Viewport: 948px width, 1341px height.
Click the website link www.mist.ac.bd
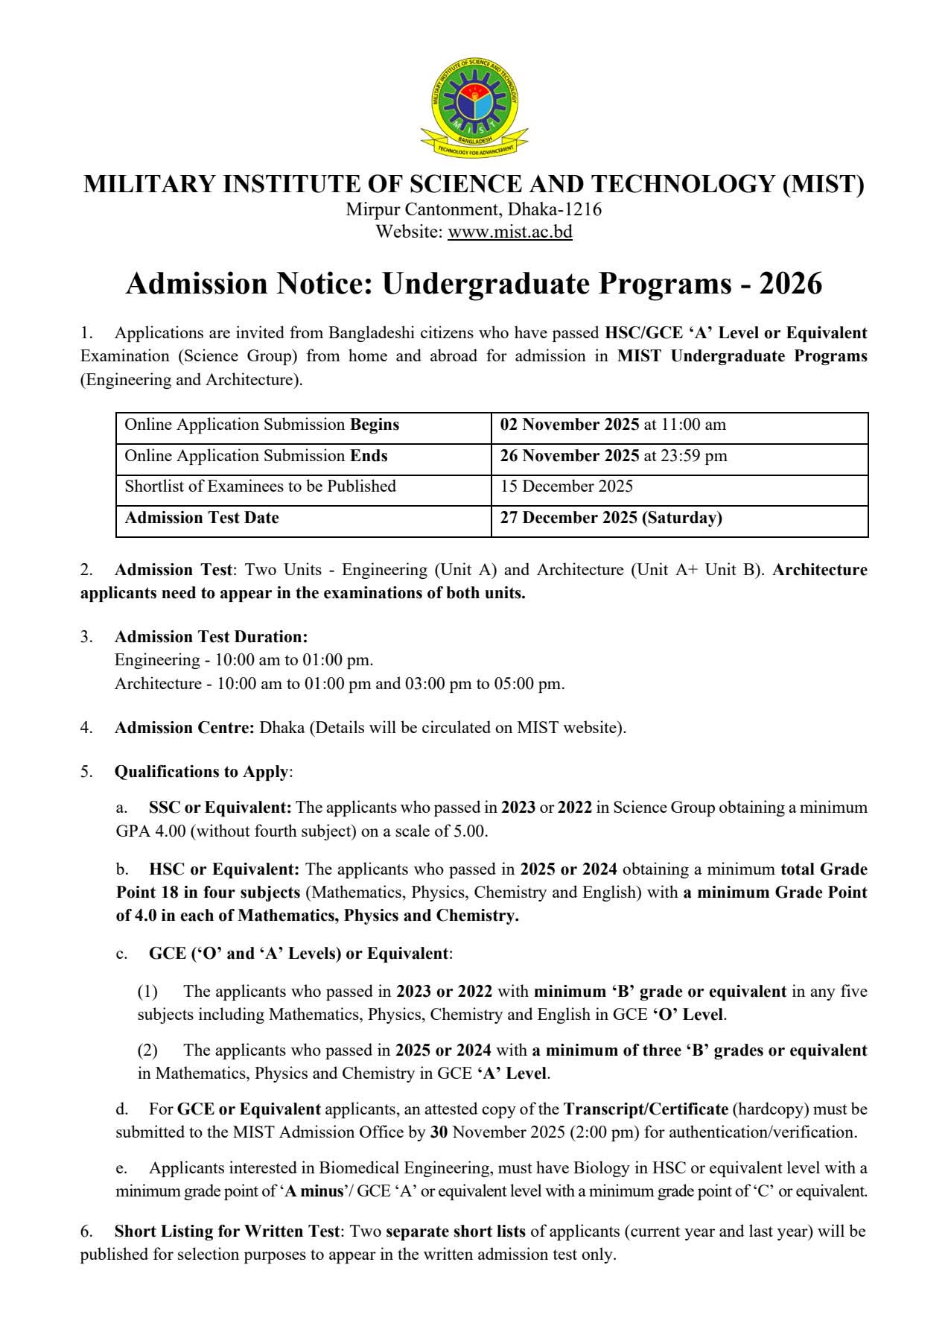[x=509, y=232]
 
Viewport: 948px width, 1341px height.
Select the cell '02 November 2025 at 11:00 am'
[x=613, y=425]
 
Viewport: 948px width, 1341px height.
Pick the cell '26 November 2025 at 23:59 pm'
[x=614, y=456]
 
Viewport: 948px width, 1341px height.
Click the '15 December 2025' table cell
[x=567, y=486]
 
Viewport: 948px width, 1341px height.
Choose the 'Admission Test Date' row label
[x=202, y=518]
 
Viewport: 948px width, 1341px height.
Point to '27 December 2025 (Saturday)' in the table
[x=611, y=518]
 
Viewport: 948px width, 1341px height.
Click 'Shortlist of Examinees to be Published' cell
[x=260, y=486]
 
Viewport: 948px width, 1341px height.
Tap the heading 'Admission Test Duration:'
[x=211, y=637]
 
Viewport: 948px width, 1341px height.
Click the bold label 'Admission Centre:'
[x=185, y=728]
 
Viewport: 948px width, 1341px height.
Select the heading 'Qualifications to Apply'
[x=201, y=772]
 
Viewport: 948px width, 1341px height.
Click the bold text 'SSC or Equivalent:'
[x=220, y=808]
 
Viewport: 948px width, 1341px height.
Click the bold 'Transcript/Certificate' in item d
[x=646, y=1109]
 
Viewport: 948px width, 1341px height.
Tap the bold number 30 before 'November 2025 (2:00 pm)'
[x=439, y=1132]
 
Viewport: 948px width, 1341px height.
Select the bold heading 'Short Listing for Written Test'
[x=227, y=1231]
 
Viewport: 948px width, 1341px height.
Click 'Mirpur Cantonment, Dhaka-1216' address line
[x=474, y=209]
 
